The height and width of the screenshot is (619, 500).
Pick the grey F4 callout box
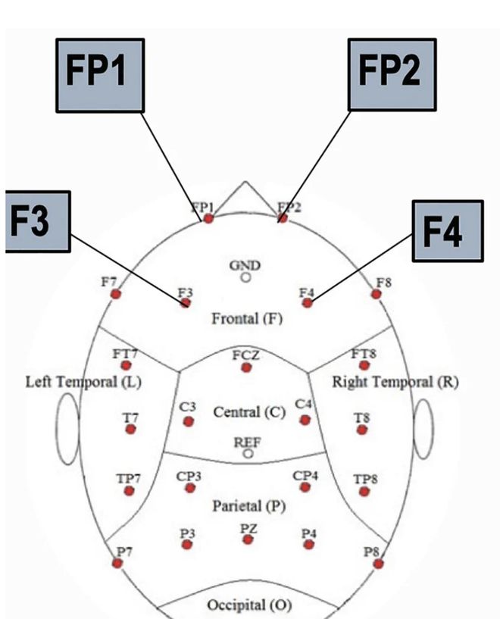click(447, 233)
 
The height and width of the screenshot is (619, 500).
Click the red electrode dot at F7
click(116, 293)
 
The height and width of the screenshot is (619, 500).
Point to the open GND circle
click(245, 277)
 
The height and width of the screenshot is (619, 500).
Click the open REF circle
click(248, 453)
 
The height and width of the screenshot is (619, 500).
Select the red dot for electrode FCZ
click(245, 367)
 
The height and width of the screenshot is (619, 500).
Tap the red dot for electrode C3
click(189, 421)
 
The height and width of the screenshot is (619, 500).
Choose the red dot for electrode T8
click(362, 430)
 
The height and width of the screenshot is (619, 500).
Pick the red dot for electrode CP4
click(305, 487)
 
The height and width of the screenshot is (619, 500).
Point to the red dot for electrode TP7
click(129, 491)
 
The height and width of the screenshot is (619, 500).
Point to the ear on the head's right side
click(423, 430)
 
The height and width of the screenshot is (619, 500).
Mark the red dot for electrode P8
click(378, 564)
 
